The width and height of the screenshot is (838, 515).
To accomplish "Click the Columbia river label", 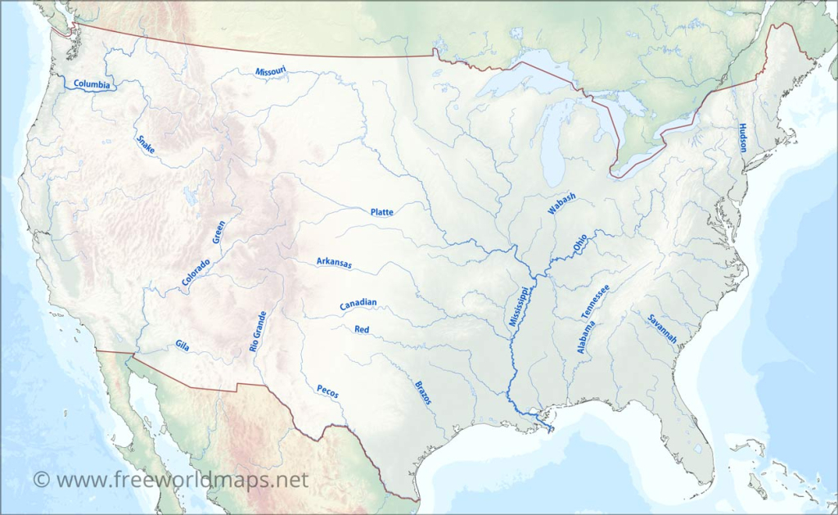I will (92, 84).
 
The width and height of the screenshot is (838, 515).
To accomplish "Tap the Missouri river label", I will (271, 72).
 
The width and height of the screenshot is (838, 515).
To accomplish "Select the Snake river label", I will (146, 144).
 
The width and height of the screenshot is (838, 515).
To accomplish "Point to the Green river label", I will (219, 232).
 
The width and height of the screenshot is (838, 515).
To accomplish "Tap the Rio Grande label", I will (258, 332).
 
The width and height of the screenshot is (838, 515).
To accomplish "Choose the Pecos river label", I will (327, 391).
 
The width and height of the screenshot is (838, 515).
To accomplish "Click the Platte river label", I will (381, 212).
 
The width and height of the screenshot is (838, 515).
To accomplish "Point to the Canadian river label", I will (358, 304).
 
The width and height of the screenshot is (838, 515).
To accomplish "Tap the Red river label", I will (362, 329).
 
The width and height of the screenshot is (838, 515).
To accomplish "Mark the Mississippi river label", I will (519, 307).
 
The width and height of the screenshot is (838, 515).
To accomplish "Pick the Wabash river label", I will (562, 204).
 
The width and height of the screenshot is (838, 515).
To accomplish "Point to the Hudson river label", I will (742, 138).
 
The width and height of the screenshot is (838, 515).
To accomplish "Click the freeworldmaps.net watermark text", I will (171, 479).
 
